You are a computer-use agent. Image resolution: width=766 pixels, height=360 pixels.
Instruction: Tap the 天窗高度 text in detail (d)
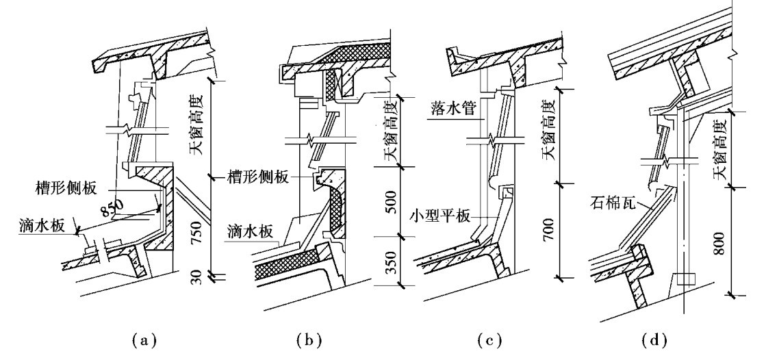click(x=720, y=150)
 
